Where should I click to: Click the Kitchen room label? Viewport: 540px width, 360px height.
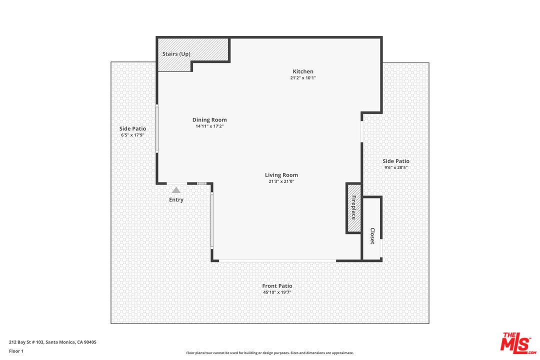click(303, 71)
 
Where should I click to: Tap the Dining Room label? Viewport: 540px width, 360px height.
click(209, 120)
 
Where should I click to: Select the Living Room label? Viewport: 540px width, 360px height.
click(281, 175)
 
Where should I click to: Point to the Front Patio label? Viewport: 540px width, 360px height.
click(277, 286)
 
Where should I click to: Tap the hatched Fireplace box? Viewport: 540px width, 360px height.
click(353, 207)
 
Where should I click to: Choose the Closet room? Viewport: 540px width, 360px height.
click(372, 235)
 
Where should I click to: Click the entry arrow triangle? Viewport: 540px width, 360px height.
click(176, 189)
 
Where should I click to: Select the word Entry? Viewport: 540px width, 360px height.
click(176, 200)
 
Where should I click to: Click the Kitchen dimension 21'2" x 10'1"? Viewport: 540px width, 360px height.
click(303, 78)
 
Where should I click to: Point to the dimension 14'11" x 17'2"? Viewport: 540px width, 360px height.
click(209, 126)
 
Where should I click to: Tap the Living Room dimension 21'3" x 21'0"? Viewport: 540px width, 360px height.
click(281, 181)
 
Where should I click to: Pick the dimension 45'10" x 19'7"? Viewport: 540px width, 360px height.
click(277, 292)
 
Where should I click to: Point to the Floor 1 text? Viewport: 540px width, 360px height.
click(16, 351)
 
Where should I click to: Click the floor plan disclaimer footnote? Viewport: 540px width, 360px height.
click(270, 353)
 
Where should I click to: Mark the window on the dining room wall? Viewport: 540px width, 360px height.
click(156, 128)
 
